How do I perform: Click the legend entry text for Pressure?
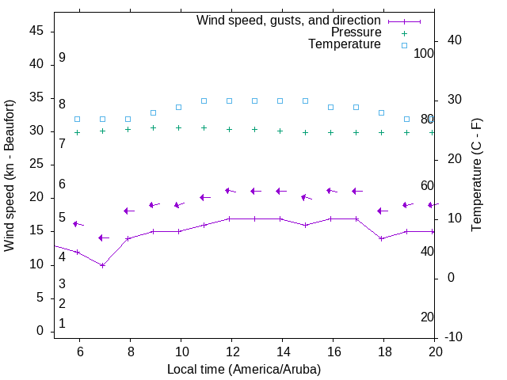click(356, 32)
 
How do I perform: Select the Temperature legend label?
click(345, 44)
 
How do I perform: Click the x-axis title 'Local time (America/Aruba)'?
click(244, 369)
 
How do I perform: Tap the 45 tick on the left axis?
click(36, 32)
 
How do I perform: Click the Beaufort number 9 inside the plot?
click(62, 58)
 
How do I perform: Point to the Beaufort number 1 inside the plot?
click(62, 324)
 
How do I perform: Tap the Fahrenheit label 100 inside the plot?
click(425, 53)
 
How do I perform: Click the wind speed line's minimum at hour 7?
click(102, 265)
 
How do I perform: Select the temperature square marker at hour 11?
click(204, 101)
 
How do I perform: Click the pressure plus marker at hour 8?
click(128, 130)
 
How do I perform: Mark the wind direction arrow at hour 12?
click(231, 191)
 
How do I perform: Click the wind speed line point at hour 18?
click(381, 238)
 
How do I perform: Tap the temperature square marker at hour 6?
click(77, 119)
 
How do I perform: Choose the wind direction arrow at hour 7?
click(103, 237)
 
